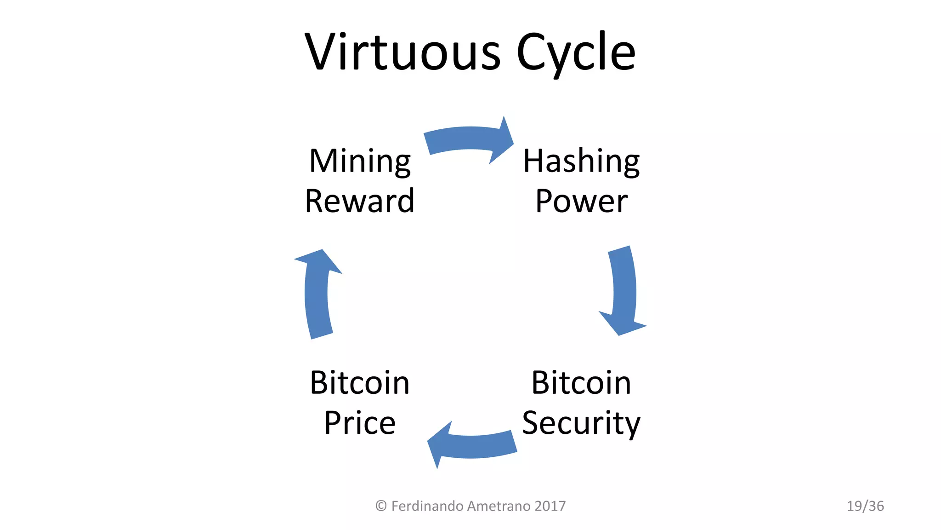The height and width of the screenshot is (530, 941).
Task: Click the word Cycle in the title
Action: pos(576,53)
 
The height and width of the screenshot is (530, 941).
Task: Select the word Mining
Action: pos(360,162)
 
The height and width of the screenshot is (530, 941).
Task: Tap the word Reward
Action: pos(360,201)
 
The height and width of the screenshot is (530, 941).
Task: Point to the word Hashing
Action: pos(581,162)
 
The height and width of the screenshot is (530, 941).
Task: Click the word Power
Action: pos(581,202)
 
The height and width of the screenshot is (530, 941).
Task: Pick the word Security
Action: pos(581,423)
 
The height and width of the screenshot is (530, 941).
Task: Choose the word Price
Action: pos(360,423)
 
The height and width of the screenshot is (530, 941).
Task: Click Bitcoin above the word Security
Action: pos(581,383)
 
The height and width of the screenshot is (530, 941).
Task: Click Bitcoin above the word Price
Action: pos(360,383)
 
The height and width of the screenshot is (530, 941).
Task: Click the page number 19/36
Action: pos(865,506)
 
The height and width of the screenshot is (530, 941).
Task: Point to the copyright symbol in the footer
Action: pos(381,506)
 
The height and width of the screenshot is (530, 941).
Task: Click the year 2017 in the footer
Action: pos(550,506)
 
